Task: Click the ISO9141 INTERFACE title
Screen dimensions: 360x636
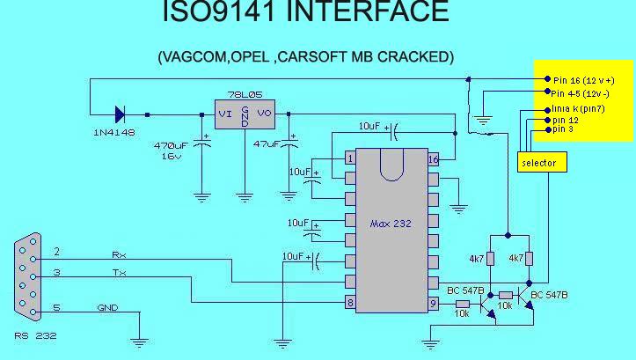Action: pos(305,12)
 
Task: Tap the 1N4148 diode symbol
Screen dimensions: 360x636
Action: pos(120,114)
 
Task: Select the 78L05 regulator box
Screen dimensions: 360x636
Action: pos(245,113)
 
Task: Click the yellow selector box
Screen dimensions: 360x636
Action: pos(539,163)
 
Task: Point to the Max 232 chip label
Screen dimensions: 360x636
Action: pos(391,224)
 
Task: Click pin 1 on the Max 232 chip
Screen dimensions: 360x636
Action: pos(350,158)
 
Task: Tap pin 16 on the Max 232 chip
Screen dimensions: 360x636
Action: pos(433,159)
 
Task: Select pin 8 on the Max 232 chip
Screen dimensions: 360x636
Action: pos(350,303)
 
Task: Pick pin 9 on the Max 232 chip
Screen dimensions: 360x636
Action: pos(433,303)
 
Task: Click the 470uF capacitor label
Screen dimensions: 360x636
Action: pos(171,144)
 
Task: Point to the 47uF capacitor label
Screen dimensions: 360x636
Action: pos(266,143)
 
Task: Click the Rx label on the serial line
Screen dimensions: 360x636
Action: pos(119,254)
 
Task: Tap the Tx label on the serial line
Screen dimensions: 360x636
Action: pos(119,273)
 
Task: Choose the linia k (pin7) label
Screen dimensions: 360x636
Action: pos(578,108)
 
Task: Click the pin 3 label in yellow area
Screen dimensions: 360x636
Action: pos(564,129)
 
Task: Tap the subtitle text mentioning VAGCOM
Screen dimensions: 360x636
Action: pos(305,56)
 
